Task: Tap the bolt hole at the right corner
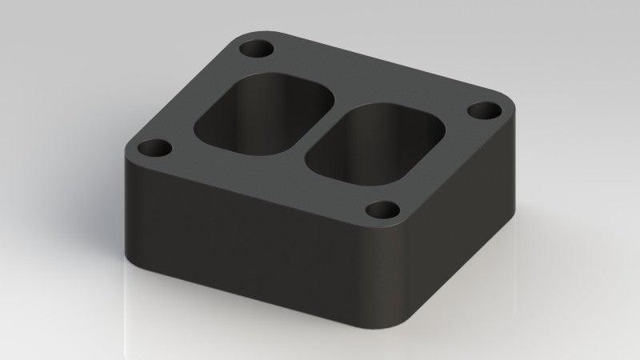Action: tap(482, 110)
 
